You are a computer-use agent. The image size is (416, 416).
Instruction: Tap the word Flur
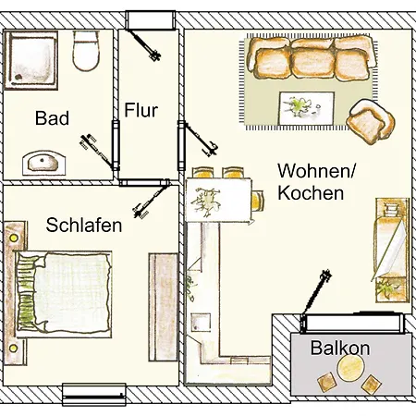point(141,112)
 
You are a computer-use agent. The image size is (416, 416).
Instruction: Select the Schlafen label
point(84,225)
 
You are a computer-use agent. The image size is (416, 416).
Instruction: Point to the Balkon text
point(340,349)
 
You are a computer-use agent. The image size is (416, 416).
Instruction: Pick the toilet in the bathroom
point(87,52)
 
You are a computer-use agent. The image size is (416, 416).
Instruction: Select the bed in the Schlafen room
point(63,294)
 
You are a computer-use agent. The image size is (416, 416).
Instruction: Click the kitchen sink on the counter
point(201,324)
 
